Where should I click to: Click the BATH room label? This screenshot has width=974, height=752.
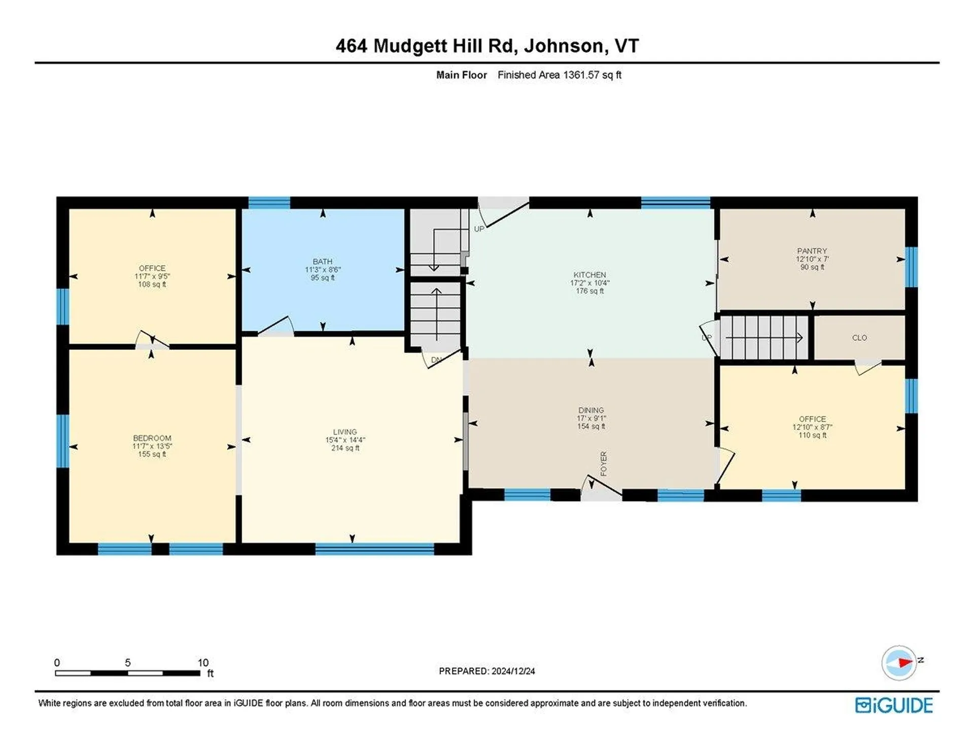(x=323, y=262)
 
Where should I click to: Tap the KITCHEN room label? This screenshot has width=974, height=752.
(x=589, y=275)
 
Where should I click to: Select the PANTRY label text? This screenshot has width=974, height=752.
(x=812, y=251)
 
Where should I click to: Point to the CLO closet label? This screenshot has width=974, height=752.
(x=859, y=338)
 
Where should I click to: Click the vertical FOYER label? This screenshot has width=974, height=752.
(x=604, y=464)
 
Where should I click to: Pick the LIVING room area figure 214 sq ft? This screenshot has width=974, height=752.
(x=345, y=448)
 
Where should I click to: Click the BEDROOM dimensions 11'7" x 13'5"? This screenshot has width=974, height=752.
(x=152, y=446)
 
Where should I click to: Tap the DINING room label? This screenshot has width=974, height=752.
(x=591, y=410)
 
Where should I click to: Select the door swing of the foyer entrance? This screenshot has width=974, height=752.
(x=601, y=487)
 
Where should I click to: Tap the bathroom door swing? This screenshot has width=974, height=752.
(x=276, y=327)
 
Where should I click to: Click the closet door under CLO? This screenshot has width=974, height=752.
(x=867, y=367)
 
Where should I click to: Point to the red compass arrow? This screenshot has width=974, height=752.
(x=905, y=662)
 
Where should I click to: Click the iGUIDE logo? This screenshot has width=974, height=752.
(x=894, y=705)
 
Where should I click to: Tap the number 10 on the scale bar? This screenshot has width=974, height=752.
(x=203, y=663)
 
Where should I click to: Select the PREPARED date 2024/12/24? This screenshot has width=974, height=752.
(x=513, y=671)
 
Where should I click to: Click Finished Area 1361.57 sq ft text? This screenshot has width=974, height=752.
(x=559, y=75)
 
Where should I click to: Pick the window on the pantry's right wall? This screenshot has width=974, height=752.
(x=911, y=267)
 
